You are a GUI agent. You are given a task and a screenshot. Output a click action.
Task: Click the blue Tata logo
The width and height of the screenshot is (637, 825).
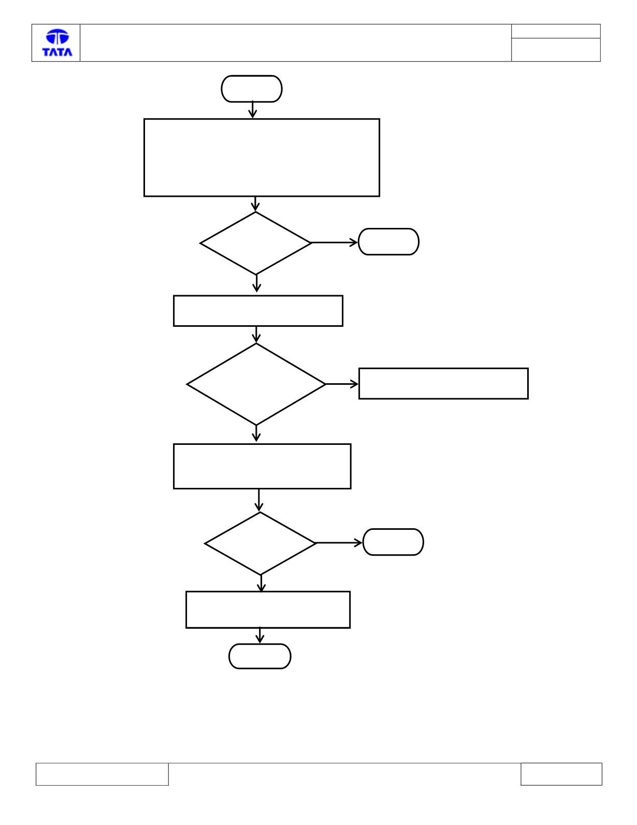[57, 42]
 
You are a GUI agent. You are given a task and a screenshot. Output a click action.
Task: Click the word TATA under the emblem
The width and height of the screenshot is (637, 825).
[57, 52]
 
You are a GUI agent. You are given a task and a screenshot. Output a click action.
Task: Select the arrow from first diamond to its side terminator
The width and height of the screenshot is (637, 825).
[335, 242]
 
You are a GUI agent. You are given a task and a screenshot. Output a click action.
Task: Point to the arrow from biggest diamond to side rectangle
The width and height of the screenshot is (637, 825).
[342, 384]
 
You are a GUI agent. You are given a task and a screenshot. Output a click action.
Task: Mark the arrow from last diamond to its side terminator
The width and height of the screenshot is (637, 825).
[339, 543]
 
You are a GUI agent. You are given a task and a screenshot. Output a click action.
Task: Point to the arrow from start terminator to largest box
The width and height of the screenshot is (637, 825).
[252, 110]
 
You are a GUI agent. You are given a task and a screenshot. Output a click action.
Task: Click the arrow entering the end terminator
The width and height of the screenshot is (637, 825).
[259, 635]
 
